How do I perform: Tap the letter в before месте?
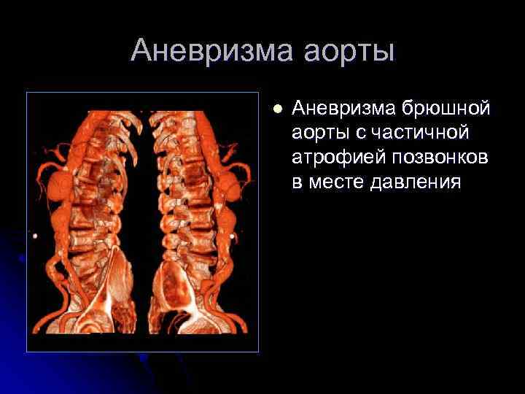pos(297,181)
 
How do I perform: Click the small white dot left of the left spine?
pos(34,235)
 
